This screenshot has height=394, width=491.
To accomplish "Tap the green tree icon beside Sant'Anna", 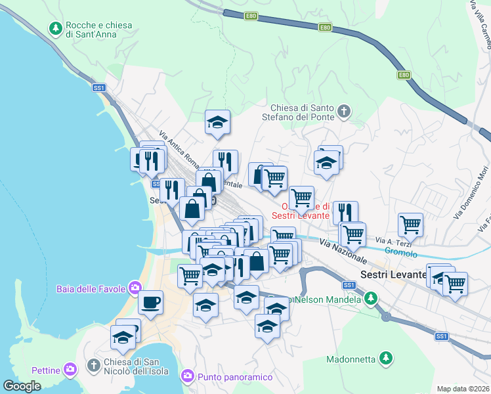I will (x=55, y=29).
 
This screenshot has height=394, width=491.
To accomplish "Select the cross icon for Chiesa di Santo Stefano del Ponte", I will (x=344, y=112).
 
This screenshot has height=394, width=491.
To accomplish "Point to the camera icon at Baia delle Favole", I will (x=135, y=287).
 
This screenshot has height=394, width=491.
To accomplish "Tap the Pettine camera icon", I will (x=70, y=370).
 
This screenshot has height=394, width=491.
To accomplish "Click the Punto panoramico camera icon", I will (x=187, y=376).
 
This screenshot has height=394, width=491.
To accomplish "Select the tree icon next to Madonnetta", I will (x=387, y=359).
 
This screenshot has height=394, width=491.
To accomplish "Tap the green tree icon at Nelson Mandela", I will (x=371, y=299).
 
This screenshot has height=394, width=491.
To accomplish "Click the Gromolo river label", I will (x=401, y=252).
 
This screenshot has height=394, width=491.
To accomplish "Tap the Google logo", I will (x=22, y=386).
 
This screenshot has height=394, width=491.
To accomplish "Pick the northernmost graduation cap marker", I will (x=217, y=121).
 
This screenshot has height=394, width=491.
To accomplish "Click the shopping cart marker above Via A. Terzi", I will (x=410, y=224).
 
